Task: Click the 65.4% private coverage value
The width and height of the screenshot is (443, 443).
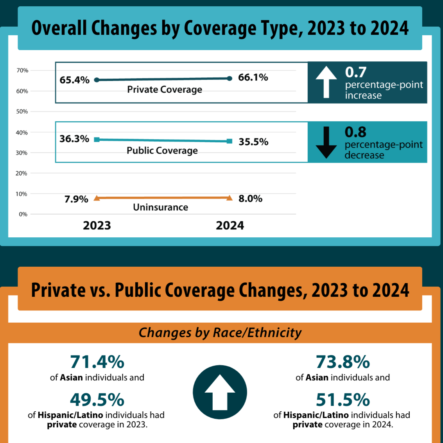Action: (74, 80)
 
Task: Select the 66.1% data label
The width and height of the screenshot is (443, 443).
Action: (253, 77)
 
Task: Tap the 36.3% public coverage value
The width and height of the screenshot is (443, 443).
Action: (74, 139)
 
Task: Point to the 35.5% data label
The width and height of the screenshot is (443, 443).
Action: (253, 142)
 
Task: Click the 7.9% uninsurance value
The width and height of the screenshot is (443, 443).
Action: (76, 199)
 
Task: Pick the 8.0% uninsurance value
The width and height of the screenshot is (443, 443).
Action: (250, 199)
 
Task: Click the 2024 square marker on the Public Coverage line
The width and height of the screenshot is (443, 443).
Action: (230, 141)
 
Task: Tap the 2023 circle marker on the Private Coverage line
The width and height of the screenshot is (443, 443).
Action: (97, 80)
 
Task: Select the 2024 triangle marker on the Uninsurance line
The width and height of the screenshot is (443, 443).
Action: (230, 197)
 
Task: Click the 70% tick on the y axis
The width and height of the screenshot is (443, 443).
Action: (22, 70)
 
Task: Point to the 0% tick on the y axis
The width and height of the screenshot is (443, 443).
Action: (23, 214)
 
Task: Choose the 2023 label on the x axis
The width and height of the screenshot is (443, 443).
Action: (97, 226)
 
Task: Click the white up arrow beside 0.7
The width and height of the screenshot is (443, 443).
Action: (326, 82)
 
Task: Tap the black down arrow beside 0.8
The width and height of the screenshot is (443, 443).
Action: (326, 142)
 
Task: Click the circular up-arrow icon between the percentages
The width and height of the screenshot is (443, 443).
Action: (220, 392)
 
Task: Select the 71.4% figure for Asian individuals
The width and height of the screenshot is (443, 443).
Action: (97, 362)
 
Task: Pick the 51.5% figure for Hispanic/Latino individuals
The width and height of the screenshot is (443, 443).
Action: (343, 400)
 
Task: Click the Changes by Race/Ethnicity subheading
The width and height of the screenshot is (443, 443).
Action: (220, 333)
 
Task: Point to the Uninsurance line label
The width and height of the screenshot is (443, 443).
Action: (160, 207)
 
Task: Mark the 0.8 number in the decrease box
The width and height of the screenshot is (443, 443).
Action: (355, 132)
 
